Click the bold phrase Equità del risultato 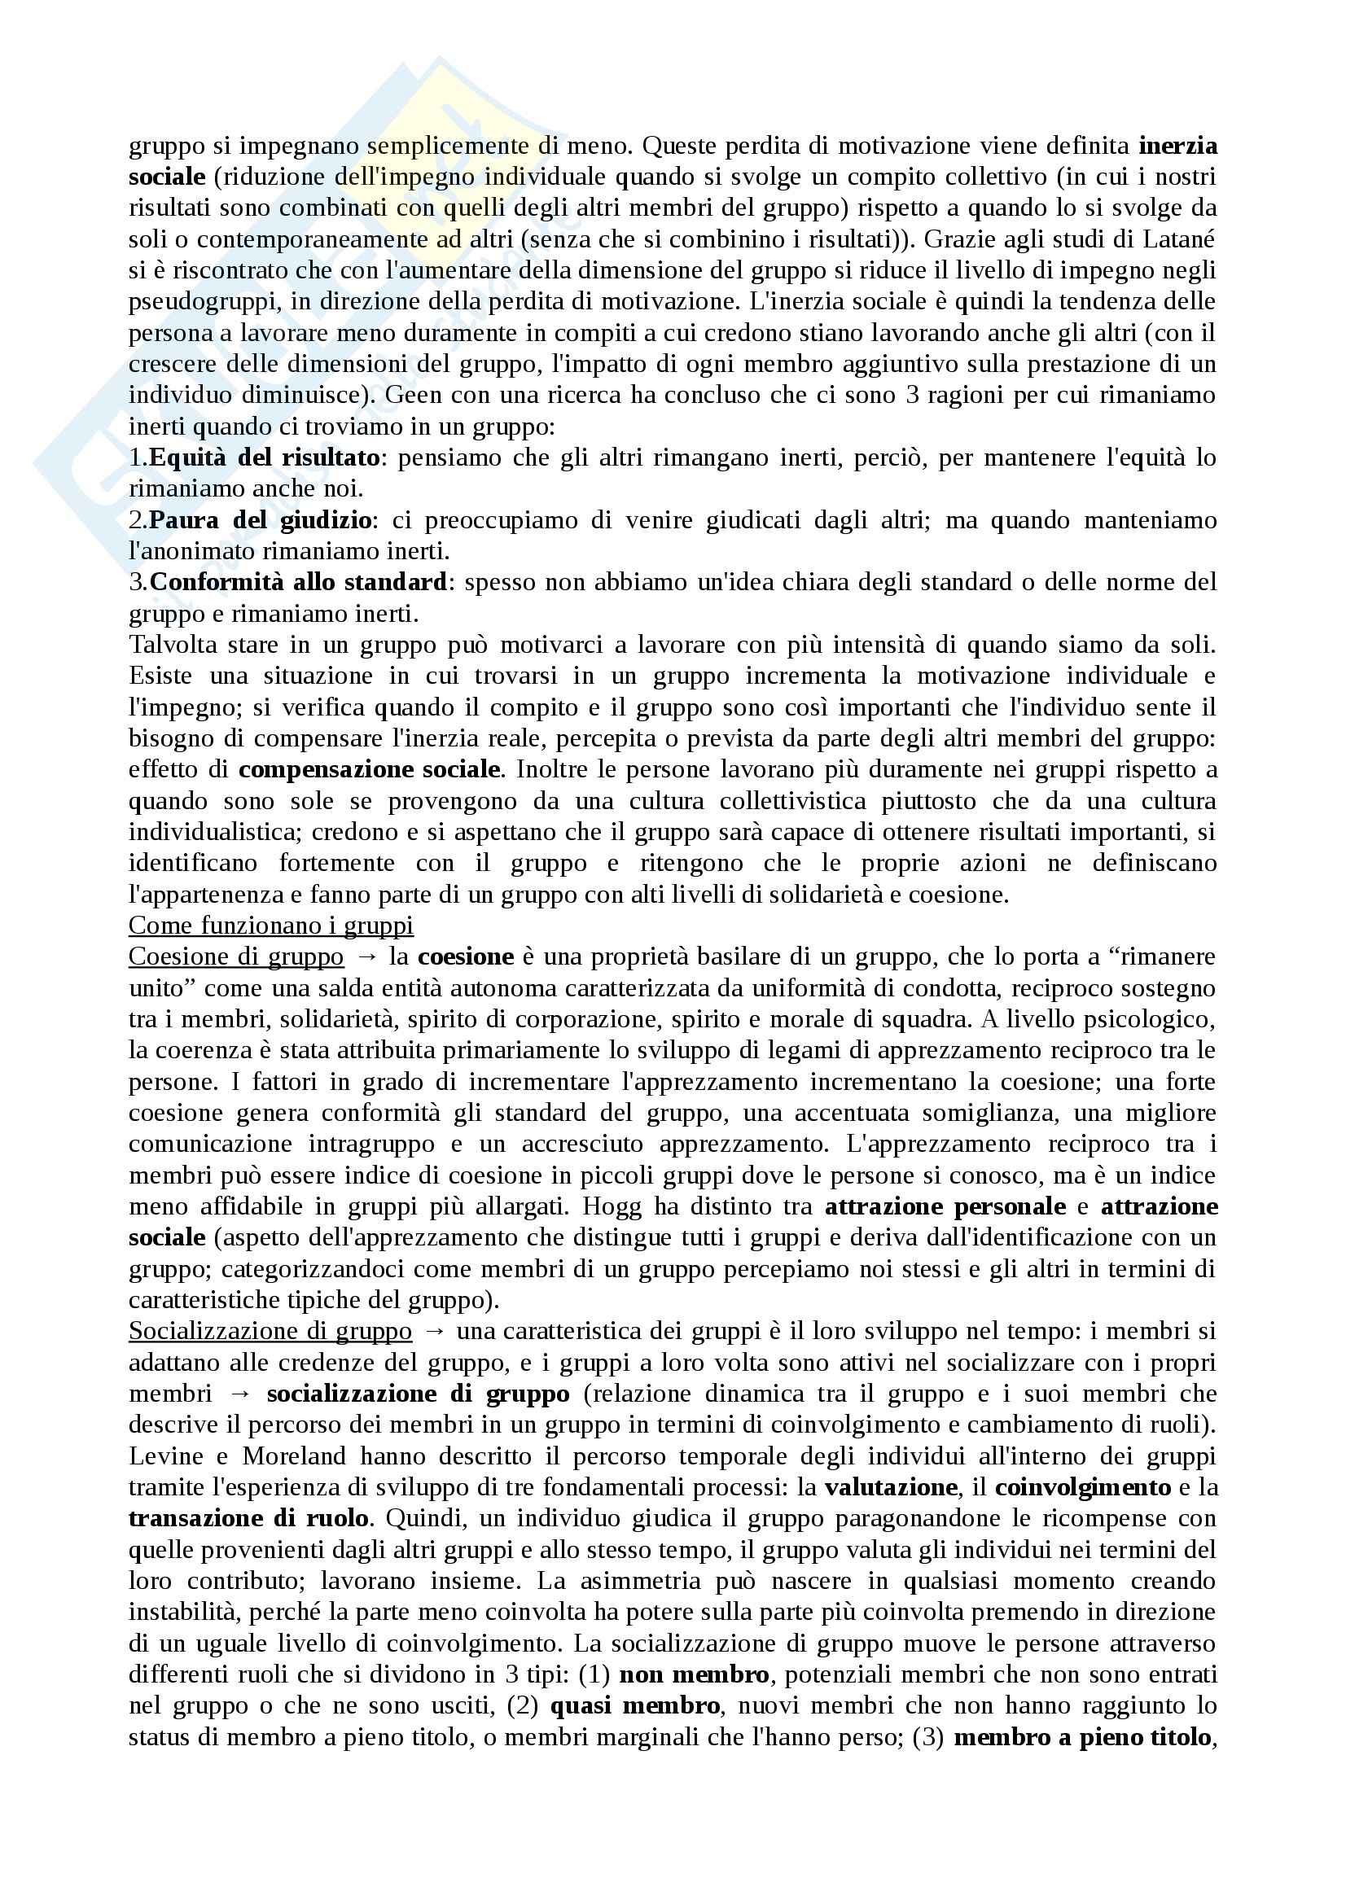(x=265, y=457)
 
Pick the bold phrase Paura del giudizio (x=261, y=521)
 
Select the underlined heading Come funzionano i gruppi (x=271, y=926)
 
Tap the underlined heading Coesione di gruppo (x=236, y=957)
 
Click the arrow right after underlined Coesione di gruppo (x=365, y=957)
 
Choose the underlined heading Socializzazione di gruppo (x=270, y=1331)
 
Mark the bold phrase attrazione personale (x=945, y=1206)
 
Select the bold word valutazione (x=890, y=1487)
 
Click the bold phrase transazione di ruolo (x=249, y=1518)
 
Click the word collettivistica (x=792, y=801)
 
